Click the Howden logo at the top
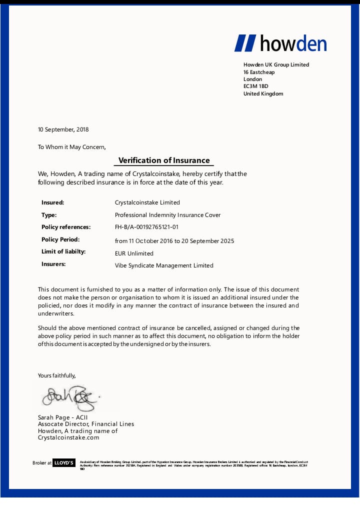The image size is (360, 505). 280,43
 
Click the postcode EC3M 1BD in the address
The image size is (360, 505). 256,86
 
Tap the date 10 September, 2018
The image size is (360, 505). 63,129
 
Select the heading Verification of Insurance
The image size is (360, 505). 164,160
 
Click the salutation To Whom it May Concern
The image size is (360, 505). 72,147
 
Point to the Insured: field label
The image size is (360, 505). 53,202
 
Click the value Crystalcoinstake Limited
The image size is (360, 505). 147,202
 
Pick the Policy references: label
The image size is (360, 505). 66,227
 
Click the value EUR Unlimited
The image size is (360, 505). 134,253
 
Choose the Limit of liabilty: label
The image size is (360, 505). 63,251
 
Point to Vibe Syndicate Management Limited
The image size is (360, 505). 164,265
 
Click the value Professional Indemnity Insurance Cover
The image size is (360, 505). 167,215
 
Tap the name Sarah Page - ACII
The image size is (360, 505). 63,417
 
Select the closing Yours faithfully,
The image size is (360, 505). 57,375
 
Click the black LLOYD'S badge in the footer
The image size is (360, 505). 64,463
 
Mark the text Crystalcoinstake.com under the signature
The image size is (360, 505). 68,437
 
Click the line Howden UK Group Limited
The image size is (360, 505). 276,65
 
